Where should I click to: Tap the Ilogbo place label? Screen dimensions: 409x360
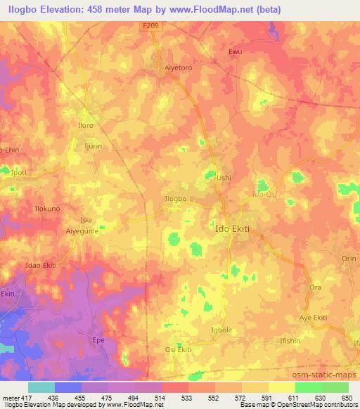click(x=175, y=199)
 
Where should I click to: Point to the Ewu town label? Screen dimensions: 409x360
click(x=236, y=51)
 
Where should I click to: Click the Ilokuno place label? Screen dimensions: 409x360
click(x=30, y=209)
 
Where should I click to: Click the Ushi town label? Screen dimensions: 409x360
click(x=224, y=178)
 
